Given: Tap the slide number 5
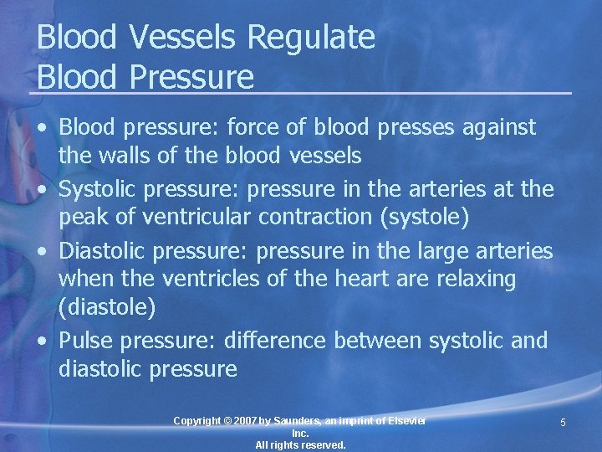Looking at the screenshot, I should (x=563, y=423).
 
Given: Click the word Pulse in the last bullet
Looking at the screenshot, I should (x=86, y=341).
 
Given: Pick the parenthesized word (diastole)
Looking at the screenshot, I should (x=107, y=307).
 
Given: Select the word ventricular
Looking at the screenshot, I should (x=197, y=217).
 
